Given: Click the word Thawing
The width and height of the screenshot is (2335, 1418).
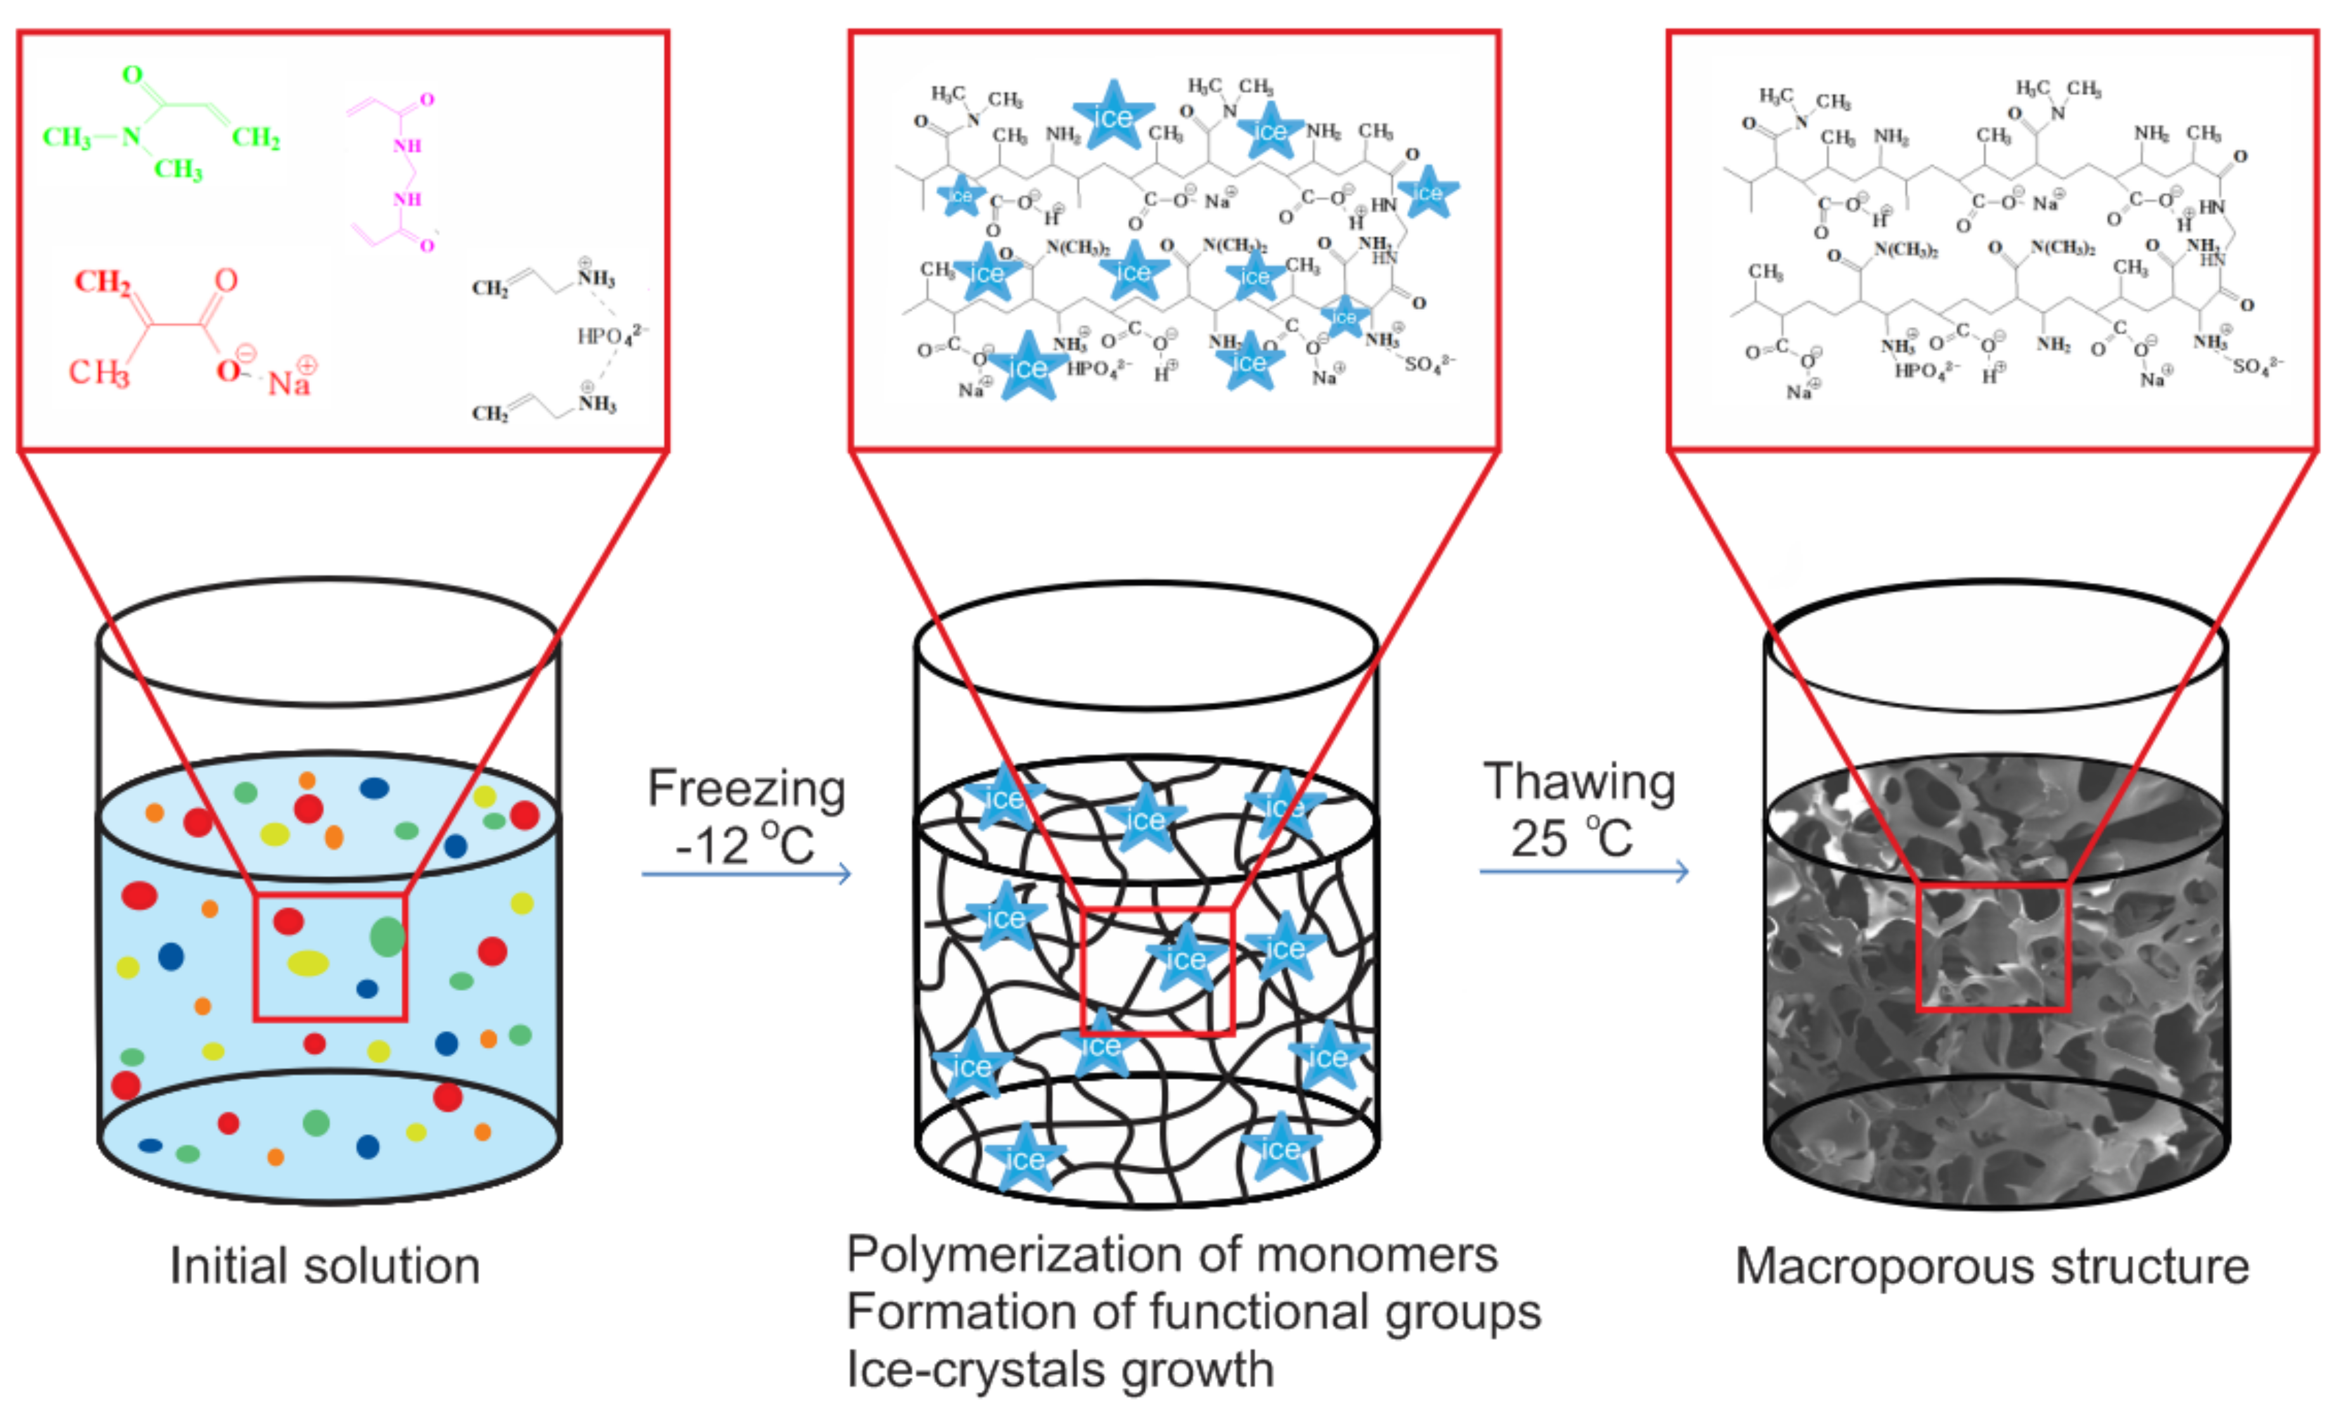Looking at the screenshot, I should tap(1579, 783).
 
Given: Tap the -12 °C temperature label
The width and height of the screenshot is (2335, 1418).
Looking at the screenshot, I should tap(744, 844).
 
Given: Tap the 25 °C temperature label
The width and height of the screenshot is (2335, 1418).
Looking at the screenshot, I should tap(1571, 838).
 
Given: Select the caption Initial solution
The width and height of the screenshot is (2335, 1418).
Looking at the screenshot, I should tap(325, 1267).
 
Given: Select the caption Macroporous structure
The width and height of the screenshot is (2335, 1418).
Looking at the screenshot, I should tap(1992, 1267).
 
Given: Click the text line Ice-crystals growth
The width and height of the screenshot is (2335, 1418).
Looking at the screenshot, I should tap(1060, 1370).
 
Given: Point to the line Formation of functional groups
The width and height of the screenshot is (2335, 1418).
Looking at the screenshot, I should tap(1193, 1312).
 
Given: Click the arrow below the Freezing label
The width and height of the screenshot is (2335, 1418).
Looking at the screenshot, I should tap(746, 873).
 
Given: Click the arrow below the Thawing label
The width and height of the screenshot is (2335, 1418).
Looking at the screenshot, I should tap(1583, 871).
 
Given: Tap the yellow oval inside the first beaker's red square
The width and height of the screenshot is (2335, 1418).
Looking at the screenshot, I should tap(308, 963).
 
